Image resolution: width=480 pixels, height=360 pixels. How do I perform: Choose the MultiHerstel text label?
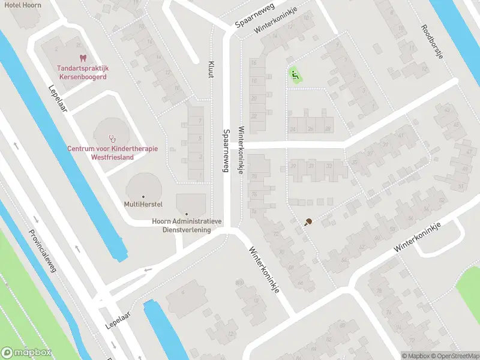click(143, 205)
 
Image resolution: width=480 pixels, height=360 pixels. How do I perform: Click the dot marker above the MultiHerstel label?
click(143, 197)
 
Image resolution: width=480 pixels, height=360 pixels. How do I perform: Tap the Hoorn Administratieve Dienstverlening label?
click(187, 225)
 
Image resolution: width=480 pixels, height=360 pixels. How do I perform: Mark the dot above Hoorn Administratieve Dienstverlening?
click(187, 214)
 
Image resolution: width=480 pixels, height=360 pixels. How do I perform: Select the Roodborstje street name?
click(431, 41)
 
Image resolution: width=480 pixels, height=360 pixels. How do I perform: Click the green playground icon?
click(294, 76)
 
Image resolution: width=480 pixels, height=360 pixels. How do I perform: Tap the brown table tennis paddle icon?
click(308, 222)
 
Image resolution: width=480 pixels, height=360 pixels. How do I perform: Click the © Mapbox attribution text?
click(415, 356)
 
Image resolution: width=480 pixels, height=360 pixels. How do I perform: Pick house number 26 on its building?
click(310, 129)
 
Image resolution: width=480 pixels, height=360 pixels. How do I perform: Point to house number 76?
click(254, 194)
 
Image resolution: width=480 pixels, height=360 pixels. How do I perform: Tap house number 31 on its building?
click(311, 166)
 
